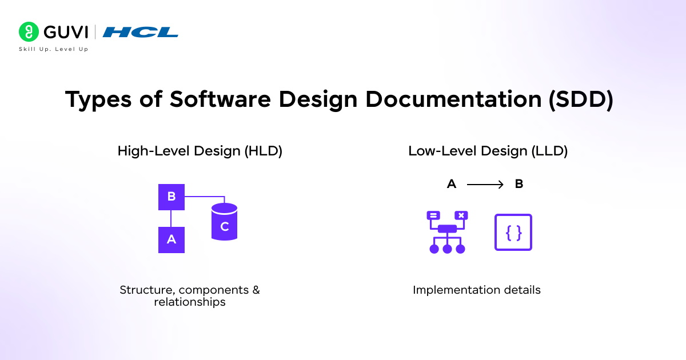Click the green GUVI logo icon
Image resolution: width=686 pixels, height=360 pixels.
click(29, 31)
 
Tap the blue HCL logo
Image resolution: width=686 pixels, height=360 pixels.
click(140, 32)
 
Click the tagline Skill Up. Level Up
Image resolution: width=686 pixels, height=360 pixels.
click(54, 49)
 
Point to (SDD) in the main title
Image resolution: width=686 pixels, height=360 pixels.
click(581, 99)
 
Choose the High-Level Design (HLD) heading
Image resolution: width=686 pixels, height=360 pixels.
click(200, 151)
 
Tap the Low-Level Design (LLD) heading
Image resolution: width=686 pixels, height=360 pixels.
click(488, 151)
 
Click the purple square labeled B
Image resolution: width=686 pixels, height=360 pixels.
click(171, 197)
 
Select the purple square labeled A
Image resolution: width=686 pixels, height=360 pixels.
click(171, 239)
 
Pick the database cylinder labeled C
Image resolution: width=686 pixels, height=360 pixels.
click(224, 222)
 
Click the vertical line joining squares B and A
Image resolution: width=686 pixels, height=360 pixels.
click(171, 218)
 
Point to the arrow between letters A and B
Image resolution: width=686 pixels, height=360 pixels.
click(485, 185)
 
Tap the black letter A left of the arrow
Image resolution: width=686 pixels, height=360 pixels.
click(452, 185)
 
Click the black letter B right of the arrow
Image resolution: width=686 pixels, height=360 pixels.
click(519, 185)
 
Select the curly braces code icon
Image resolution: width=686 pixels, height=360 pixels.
click(513, 232)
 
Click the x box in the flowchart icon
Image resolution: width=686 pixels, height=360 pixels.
click(461, 215)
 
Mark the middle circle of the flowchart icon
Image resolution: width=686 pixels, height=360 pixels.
click(448, 249)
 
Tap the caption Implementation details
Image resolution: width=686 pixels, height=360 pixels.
click(477, 290)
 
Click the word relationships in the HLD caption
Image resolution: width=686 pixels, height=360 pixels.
click(190, 302)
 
